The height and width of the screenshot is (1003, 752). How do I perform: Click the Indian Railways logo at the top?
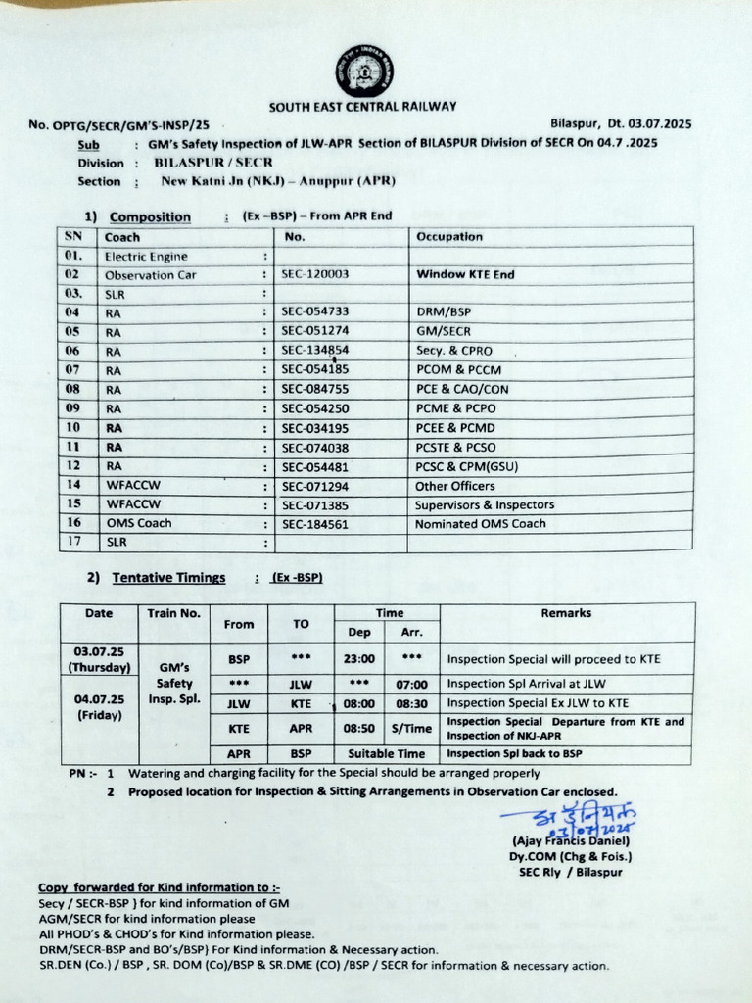point(361,72)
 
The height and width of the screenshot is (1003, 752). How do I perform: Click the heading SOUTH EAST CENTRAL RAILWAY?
point(362,107)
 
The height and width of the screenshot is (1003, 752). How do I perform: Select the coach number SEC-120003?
point(314,275)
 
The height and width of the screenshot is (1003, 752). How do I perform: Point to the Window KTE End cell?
point(465,275)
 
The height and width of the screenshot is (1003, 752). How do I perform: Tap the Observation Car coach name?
point(151,275)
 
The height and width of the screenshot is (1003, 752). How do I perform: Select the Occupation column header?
point(449,237)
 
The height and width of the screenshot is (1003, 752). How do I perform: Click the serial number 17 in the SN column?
point(73,541)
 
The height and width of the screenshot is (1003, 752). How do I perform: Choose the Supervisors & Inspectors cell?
point(485,505)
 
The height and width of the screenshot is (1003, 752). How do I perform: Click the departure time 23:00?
point(359,659)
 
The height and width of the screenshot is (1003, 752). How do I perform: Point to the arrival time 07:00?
point(411,684)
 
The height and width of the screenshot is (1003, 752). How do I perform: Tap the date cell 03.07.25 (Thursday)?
point(99,658)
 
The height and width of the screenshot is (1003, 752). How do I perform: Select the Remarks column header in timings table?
point(566,613)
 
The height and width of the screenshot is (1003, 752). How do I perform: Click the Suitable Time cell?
point(386,754)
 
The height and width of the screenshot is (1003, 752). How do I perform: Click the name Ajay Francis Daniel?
point(571,841)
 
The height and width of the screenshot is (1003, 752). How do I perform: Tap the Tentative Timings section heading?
point(168,578)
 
